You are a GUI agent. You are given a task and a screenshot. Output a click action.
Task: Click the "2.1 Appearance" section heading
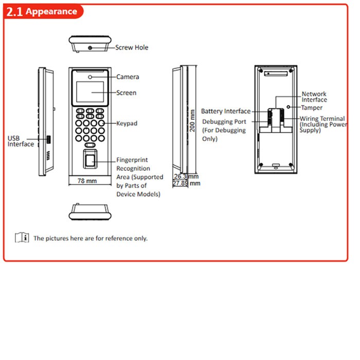(x=42, y=11)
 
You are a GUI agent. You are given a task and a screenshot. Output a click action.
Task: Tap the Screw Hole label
(x=132, y=47)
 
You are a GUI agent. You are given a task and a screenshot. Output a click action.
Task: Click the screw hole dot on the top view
(x=90, y=48)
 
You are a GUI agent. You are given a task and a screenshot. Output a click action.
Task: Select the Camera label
(x=128, y=77)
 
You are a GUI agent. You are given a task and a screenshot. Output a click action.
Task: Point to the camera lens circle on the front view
(x=90, y=77)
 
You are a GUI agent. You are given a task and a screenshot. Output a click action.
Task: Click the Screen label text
(x=127, y=93)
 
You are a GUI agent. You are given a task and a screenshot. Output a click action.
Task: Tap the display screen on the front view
(x=90, y=92)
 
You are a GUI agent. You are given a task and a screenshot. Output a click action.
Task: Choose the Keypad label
(x=127, y=123)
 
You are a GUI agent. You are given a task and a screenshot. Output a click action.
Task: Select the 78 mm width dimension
(x=87, y=181)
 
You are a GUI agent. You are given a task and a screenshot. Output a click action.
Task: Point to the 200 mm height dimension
(x=192, y=121)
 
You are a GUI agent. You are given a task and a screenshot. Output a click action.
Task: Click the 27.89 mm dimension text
(x=186, y=183)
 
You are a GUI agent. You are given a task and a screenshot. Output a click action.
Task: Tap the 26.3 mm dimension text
(x=186, y=176)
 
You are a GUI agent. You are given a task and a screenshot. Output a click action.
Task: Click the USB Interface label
(x=21, y=141)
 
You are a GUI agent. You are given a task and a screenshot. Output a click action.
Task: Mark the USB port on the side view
(x=48, y=139)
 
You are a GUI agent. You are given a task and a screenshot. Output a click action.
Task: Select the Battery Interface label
(x=226, y=112)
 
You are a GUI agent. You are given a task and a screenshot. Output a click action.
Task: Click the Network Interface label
(x=314, y=97)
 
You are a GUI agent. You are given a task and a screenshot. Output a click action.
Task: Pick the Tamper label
(x=312, y=107)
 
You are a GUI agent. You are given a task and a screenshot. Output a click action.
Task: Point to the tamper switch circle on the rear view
(x=289, y=107)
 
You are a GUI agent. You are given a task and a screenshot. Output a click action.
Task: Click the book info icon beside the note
(x=22, y=238)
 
